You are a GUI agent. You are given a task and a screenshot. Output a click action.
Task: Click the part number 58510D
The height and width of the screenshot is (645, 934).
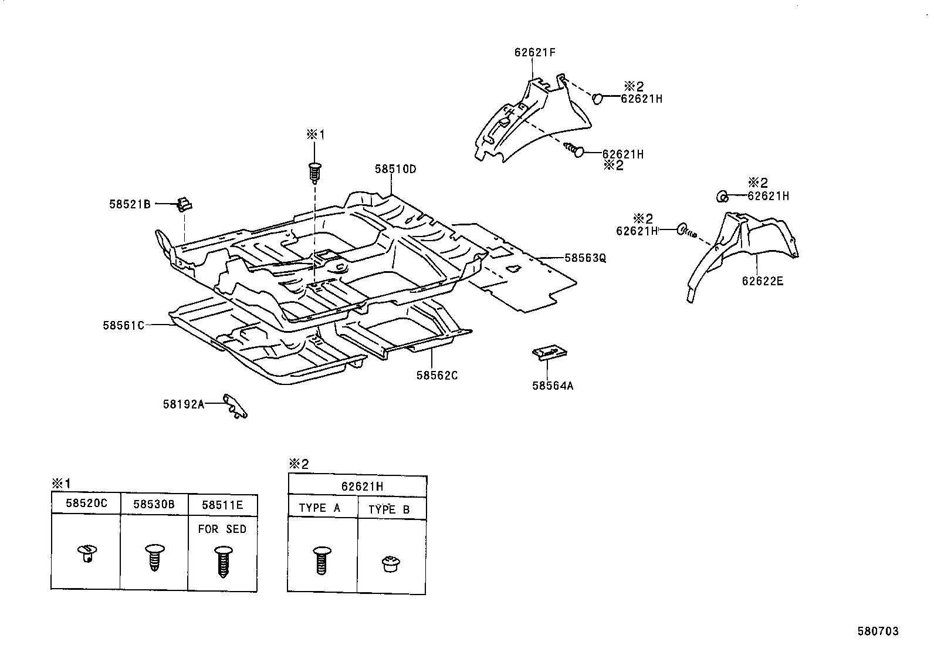click(395, 170)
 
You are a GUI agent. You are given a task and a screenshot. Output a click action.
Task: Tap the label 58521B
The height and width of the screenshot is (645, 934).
click(130, 204)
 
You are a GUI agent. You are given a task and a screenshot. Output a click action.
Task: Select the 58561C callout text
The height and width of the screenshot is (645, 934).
click(123, 325)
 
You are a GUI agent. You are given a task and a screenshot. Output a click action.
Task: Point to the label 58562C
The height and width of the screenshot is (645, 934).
click(437, 376)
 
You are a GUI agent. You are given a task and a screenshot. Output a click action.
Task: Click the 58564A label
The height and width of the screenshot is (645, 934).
click(553, 386)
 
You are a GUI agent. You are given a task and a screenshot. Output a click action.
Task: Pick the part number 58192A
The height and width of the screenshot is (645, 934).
click(184, 404)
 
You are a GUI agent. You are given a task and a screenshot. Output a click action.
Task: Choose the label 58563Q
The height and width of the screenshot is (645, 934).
click(585, 258)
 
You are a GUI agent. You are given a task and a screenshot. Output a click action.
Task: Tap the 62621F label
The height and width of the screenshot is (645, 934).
click(535, 53)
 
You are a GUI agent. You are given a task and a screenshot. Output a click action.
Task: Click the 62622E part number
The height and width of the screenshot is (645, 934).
click(763, 281)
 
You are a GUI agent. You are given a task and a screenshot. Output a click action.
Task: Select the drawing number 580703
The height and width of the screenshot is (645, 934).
click(878, 632)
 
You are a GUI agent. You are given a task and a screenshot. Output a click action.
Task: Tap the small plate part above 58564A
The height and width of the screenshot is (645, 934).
click(550, 353)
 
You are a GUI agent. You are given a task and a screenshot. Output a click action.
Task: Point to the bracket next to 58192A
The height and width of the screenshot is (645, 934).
click(235, 406)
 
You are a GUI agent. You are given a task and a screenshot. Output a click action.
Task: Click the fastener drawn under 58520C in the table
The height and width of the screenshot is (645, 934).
click(87, 553)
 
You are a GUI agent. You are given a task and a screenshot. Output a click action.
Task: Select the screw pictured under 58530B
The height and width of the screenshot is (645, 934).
click(155, 557)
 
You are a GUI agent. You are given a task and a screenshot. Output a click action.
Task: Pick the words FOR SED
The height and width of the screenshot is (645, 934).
click(222, 529)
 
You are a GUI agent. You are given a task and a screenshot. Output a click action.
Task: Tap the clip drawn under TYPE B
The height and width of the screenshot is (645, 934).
click(391, 563)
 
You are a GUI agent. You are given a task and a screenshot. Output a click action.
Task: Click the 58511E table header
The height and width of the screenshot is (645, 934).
click(223, 505)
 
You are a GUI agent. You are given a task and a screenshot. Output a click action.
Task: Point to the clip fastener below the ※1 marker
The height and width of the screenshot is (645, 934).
click(314, 173)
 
